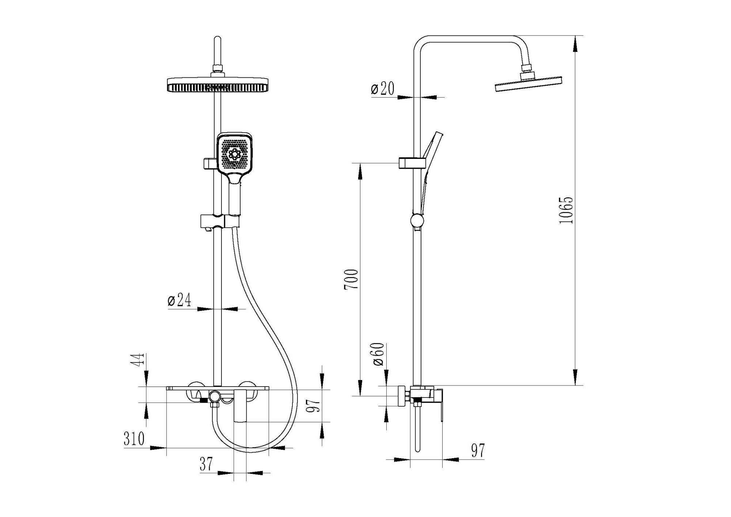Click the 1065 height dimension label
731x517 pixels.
[566, 210]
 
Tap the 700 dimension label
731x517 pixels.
[351, 280]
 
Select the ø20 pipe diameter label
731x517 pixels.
[383, 89]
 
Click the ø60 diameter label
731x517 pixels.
[378, 354]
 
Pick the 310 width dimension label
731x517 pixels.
[134, 439]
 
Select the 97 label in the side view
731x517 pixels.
[478, 451]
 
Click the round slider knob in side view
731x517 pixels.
[417, 221]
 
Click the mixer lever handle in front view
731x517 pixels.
[239, 406]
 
